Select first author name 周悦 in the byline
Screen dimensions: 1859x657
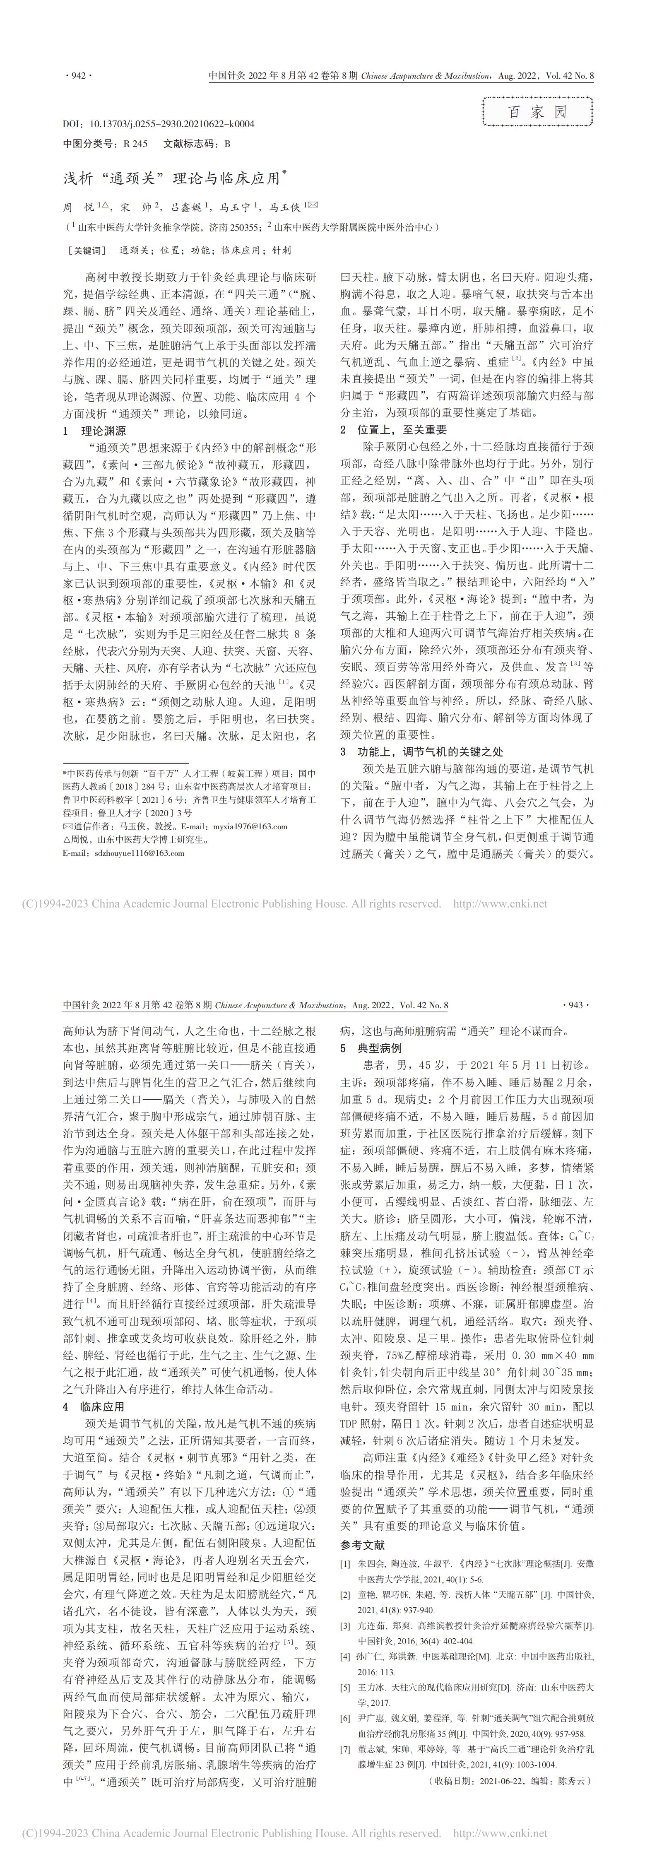(81, 207)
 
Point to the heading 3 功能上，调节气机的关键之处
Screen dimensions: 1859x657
(421, 732)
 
